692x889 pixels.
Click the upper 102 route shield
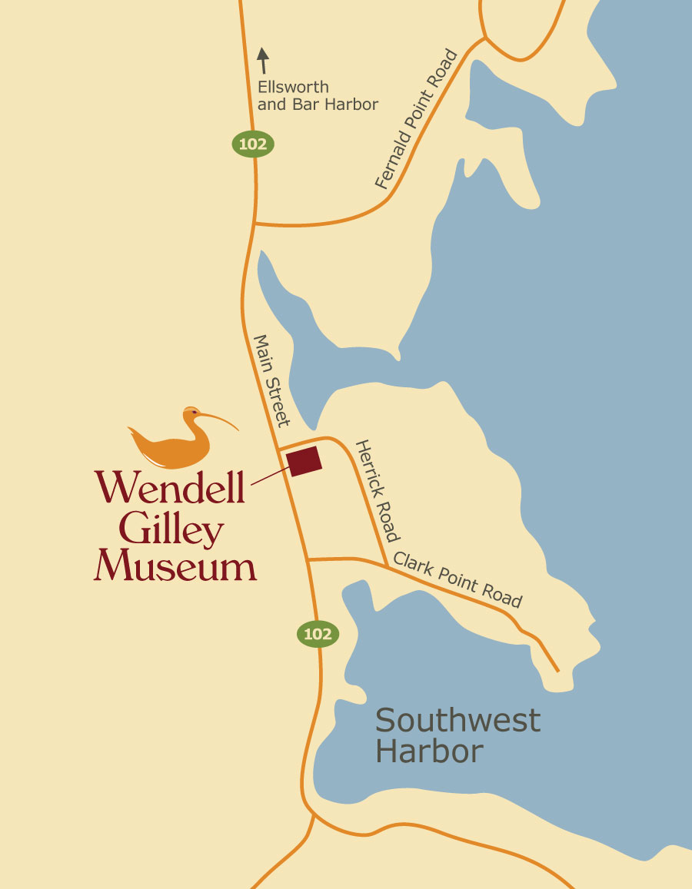pos(253,144)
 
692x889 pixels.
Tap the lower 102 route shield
pos(318,634)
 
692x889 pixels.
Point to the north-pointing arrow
pos(263,61)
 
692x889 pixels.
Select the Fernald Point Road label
pos(416,120)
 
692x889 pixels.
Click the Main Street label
pos(271,380)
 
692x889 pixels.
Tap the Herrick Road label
pos(377,490)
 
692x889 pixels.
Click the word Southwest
pos(457,721)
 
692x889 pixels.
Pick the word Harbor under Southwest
pos(429,751)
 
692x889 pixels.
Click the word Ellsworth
pos(293,87)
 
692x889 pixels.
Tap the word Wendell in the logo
pos(170,486)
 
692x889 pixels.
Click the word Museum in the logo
pos(175,566)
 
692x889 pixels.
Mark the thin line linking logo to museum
pos(268,476)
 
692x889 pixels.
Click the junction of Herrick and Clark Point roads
pos(385,565)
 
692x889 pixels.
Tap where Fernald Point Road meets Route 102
pos(254,224)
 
